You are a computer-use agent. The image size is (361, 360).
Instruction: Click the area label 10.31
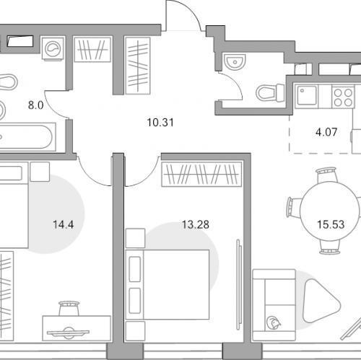click(160, 123)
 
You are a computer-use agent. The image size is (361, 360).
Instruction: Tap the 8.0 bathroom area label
click(35, 105)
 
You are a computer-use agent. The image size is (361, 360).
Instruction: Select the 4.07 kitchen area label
click(326, 132)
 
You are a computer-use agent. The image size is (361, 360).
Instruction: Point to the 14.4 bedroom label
click(64, 224)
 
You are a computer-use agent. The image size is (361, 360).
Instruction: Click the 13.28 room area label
click(196, 224)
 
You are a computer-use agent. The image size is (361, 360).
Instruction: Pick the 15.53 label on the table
click(331, 224)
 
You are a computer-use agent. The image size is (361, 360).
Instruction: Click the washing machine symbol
click(53, 48)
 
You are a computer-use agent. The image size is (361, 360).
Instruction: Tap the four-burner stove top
click(344, 97)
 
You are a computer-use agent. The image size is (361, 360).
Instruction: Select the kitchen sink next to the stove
click(307, 96)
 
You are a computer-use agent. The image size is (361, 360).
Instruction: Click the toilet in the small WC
click(270, 92)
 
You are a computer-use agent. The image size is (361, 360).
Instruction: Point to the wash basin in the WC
click(234, 61)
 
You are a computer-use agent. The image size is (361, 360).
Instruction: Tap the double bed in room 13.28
click(168, 285)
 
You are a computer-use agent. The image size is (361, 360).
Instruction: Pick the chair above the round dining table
click(326, 175)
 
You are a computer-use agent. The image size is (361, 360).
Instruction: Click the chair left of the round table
click(294, 206)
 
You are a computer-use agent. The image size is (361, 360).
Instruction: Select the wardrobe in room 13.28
click(201, 175)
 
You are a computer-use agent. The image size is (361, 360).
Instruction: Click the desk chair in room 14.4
click(69, 308)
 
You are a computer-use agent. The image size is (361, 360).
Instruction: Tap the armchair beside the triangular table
click(274, 305)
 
